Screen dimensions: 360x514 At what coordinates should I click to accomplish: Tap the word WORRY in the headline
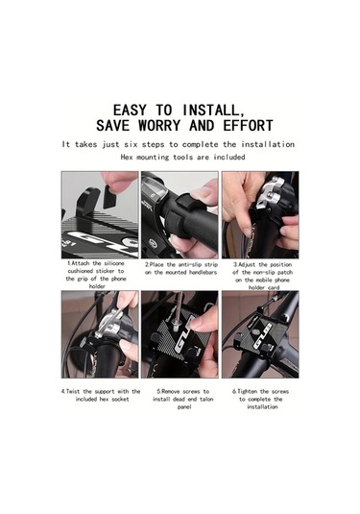tap(159, 126)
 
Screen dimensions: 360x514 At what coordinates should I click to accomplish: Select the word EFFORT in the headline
tap(248, 126)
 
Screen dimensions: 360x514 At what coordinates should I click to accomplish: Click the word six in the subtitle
tap(131, 144)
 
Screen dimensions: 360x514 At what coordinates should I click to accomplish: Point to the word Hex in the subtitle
tap(127, 158)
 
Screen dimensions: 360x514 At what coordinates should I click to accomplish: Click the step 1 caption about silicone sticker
tap(96, 275)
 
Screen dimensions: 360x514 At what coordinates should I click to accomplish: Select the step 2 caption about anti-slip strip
tap(181, 268)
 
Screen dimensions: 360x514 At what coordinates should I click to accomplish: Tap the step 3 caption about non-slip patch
tap(263, 276)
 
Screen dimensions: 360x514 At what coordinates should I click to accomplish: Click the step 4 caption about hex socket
tap(101, 395)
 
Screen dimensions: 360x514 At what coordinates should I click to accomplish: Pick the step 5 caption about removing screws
tap(182, 399)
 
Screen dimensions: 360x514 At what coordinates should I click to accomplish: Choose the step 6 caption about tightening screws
tap(261, 399)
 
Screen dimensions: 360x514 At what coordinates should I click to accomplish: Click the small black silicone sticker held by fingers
tap(110, 196)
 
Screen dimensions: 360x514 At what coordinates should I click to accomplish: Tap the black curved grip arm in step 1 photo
tap(85, 200)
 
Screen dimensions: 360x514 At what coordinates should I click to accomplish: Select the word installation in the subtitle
tap(268, 144)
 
